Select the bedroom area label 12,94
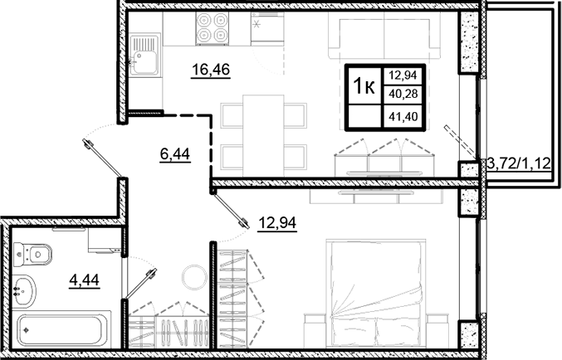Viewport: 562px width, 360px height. [277, 221]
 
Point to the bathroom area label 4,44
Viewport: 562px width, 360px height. [83, 280]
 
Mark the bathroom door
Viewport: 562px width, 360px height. [139, 283]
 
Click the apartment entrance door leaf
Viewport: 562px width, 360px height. [104, 159]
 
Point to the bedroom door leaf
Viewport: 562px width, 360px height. [230, 207]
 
